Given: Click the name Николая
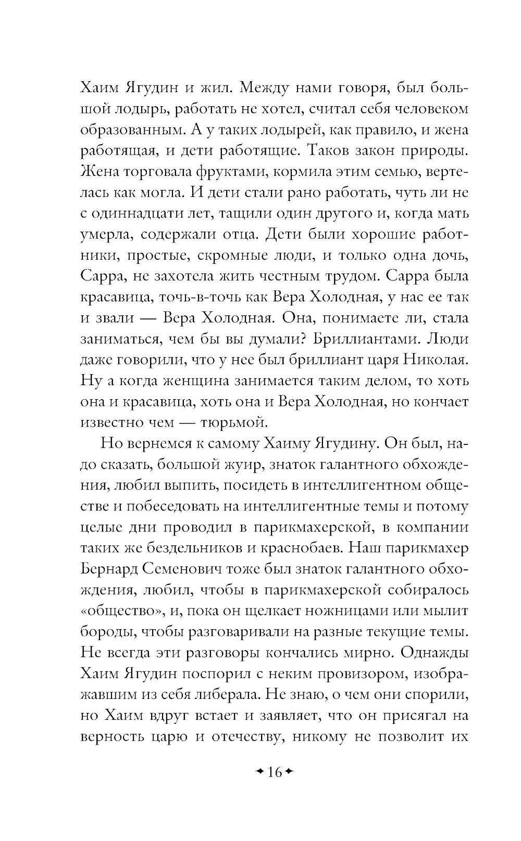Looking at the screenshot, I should [436, 360].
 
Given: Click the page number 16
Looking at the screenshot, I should [274, 772].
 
